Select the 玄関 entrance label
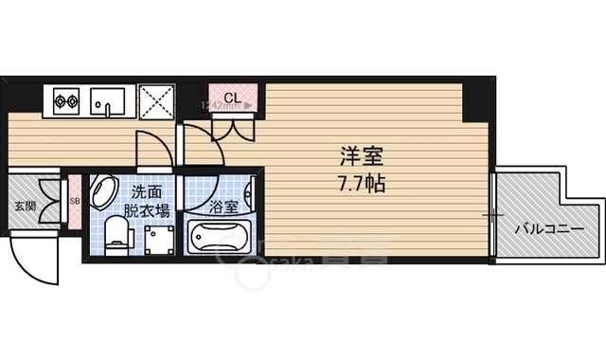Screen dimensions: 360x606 point(25,206)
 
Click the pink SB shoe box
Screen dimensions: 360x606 point(75,201)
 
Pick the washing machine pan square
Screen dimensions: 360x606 point(156,237)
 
